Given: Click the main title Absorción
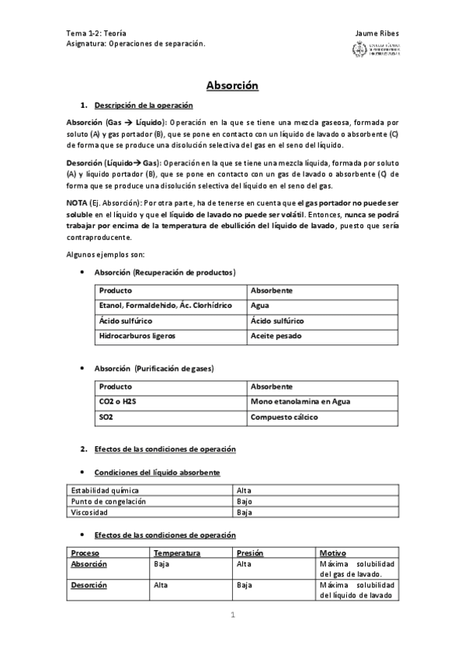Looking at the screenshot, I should point(232,85).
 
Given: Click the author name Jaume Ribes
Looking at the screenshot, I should point(377,33).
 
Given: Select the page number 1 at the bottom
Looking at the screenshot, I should point(231,616).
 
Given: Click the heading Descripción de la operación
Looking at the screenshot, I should point(143,105).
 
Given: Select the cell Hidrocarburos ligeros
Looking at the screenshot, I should point(137,335).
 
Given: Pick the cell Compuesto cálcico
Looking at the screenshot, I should point(284,417).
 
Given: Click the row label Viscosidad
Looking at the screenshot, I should point(89,512).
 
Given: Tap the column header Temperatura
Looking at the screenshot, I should point(178,552).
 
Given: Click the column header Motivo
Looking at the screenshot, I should point(333,552).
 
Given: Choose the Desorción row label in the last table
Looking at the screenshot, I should point(88,585).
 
